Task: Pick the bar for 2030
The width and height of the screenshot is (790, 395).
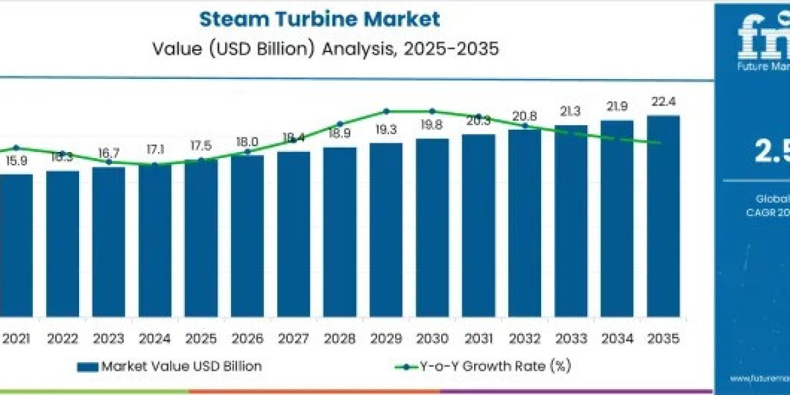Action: click(x=432, y=227)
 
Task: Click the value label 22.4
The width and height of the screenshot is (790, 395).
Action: click(x=663, y=102)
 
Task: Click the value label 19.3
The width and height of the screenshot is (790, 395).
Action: click(x=386, y=130)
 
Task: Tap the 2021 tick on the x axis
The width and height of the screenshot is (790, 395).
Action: click(x=16, y=338)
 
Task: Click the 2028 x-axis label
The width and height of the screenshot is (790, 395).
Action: click(x=340, y=338)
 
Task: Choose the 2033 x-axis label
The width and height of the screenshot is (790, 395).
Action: click(x=571, y=338)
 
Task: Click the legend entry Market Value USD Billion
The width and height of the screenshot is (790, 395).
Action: click(x=181, y=367)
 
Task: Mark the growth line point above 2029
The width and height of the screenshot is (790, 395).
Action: click(x=386, y=111)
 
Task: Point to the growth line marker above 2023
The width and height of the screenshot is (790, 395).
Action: click(x=109, y=162)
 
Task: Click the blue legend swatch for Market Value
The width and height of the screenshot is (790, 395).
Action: click(x=88, y=367)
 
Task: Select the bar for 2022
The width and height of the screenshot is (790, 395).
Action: click(x=63, y=243)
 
